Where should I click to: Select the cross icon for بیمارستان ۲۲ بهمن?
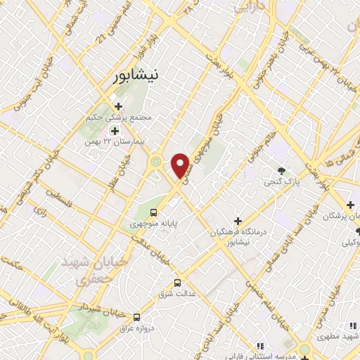tap(114, 130)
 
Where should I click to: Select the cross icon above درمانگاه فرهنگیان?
tap(238, 221)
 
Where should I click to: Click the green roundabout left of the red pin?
tap(155, 162)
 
